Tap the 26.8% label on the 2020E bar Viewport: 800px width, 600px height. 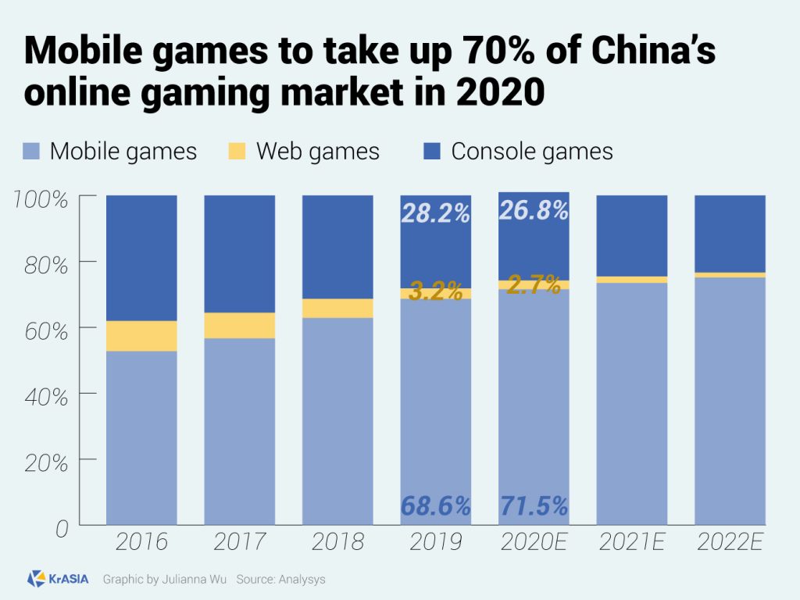pos(534,211)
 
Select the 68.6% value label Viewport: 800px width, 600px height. pos(435,506)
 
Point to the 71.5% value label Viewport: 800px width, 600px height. pos(534,505)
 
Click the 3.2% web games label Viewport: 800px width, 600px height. pos(435,294)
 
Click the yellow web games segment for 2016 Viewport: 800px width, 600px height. pos(141,336)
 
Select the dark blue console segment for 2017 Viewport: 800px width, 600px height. pos(240,254)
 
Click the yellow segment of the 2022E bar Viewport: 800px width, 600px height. pos(730,275)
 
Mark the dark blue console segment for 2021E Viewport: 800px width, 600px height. pos(631,235)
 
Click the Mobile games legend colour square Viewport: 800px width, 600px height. pos(30,151)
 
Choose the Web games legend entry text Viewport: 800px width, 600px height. pos(318,151)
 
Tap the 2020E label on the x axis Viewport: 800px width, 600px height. pos(534,542)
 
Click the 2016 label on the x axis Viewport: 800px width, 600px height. pos(141,542)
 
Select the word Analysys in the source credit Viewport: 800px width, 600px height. pos(304,580)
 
